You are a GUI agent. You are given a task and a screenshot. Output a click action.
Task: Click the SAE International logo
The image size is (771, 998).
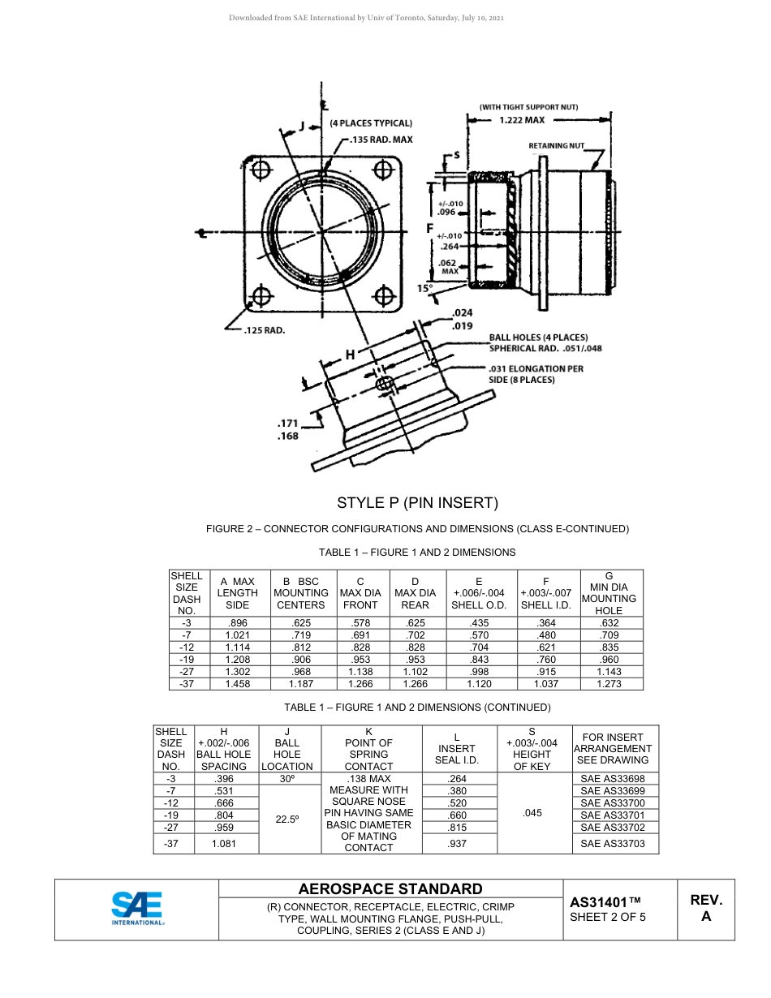[137, 908]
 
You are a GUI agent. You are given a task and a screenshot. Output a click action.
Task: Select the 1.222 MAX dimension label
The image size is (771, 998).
[521, 119]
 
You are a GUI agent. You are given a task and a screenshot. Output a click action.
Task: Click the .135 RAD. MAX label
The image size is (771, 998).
[381, 140]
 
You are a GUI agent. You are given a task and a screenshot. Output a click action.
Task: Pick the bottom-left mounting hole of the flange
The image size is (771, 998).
[261, 295]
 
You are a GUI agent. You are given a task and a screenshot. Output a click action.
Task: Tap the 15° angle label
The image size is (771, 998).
[424, 288]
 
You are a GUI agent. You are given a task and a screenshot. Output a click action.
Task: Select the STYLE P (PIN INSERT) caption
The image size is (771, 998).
[417, 502]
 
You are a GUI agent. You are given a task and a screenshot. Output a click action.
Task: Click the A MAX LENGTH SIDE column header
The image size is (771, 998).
[237, 593]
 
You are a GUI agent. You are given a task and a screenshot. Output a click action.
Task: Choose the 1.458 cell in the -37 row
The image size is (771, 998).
[237, 684]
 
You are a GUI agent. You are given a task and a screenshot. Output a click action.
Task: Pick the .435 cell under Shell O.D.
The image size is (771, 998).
[479, 623]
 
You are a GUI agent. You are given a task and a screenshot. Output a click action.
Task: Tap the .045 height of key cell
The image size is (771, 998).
[532, 812]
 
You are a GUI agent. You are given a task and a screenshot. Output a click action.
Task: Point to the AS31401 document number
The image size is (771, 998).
[605, 901]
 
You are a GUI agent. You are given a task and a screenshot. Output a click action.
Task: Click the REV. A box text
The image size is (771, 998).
[705, 908]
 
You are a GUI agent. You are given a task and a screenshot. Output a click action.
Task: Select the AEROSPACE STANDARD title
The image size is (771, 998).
[390, 888]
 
